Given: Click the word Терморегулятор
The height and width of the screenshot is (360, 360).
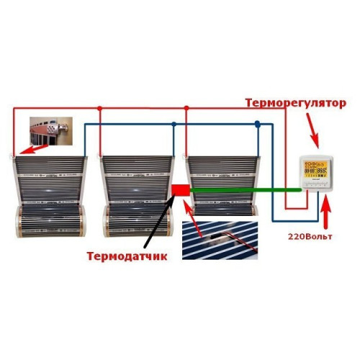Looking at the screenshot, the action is [296, 103].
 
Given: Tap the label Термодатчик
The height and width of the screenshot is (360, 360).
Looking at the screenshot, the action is [127, 256].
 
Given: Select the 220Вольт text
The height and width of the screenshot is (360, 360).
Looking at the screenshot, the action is [310, 237].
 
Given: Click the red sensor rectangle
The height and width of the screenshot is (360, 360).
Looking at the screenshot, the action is [181, 190].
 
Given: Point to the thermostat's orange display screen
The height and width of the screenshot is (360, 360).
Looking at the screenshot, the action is [315, 169].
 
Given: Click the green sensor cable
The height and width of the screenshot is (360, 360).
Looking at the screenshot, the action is [246, 190].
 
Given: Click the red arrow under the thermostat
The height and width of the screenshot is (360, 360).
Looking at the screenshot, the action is [325, 212].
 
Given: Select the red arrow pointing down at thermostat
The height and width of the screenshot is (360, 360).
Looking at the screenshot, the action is [312, 130].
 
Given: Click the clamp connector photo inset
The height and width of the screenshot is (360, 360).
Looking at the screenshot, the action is [51, 131].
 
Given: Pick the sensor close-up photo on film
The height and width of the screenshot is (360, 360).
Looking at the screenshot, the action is [220, 240].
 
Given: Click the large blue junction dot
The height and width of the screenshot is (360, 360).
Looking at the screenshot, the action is [258, 124].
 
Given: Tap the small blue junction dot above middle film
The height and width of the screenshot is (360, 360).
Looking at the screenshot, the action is [174, 124].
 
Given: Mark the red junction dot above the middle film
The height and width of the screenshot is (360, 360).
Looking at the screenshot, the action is [99, 109].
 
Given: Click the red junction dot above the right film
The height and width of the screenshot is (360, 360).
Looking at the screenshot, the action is [186, 108].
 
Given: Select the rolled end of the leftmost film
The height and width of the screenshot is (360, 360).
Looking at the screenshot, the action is [50, 221].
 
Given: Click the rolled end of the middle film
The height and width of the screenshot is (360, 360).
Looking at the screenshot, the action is [138, 221].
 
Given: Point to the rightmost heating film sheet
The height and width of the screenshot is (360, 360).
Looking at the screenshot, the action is [223, 186].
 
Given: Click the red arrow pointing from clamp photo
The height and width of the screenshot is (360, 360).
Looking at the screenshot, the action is [34, 149].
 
